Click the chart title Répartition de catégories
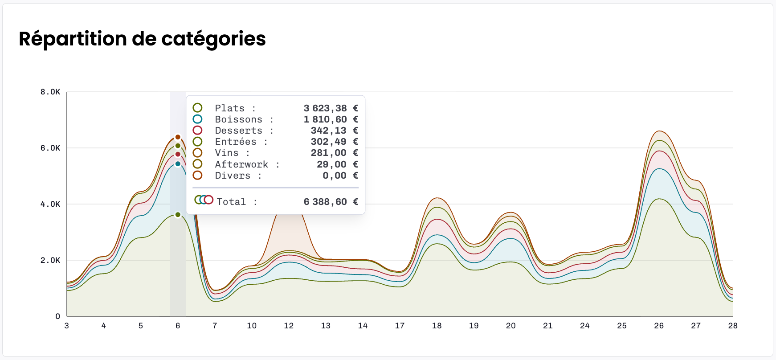142,39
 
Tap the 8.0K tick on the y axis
50,92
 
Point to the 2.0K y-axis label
50,260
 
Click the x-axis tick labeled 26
658,326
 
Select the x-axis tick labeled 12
289,326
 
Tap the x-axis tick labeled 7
215,326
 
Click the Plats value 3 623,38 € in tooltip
331,108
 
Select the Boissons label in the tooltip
239,119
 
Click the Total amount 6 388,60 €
331,202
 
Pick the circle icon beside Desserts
197,131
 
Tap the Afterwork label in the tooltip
241,164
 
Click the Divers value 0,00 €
340,176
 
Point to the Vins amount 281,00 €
334,153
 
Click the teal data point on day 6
178,164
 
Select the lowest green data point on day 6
178,215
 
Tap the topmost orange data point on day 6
178,137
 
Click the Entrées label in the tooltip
236,142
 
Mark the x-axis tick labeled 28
732,326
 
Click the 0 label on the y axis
57,316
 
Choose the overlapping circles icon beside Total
204,200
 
